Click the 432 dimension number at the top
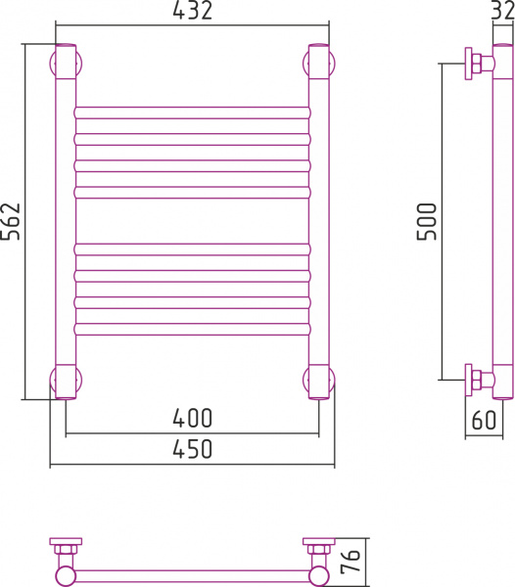click(192, 12)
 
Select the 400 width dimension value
click(192, 419)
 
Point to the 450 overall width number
click(192, 449)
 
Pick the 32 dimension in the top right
click(502, 12)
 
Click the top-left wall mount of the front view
click(66, 65)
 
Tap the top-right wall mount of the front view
click(319, 65)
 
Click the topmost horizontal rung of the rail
click(192, 111)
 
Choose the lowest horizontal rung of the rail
click(192, 329)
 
